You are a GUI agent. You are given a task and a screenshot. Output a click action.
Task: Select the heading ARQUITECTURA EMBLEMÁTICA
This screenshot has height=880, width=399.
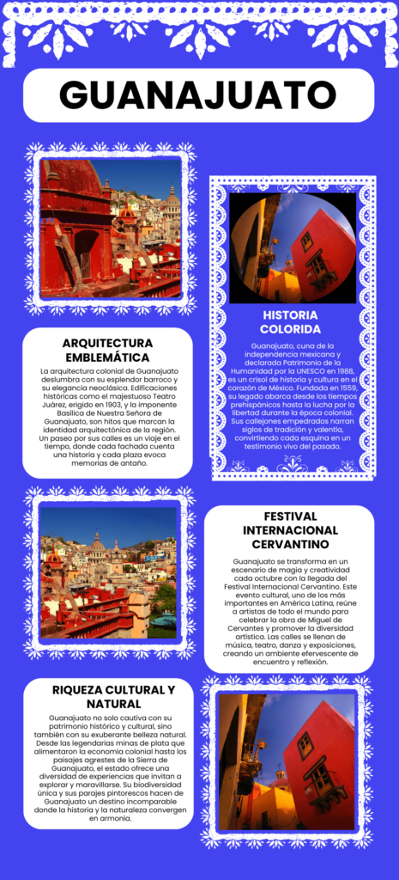pos(107,350)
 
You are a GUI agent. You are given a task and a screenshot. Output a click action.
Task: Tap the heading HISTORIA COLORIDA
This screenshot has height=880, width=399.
pos(291,321)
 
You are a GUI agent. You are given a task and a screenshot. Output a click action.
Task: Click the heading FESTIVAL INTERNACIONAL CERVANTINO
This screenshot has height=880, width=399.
pos(290,530)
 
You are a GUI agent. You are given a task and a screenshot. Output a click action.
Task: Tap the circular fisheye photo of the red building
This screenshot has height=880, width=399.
pos(292,247)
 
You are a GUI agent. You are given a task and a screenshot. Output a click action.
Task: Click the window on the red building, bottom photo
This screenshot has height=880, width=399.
pos(305,744)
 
